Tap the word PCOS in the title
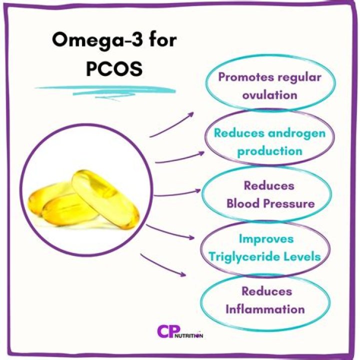[x=114, y=67]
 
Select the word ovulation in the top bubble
[x=270, y=94]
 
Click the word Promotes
[x=241, y=77]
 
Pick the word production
[x=269, y=150]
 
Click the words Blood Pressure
[x=270, y=203]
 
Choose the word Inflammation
[x=265, y=308]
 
